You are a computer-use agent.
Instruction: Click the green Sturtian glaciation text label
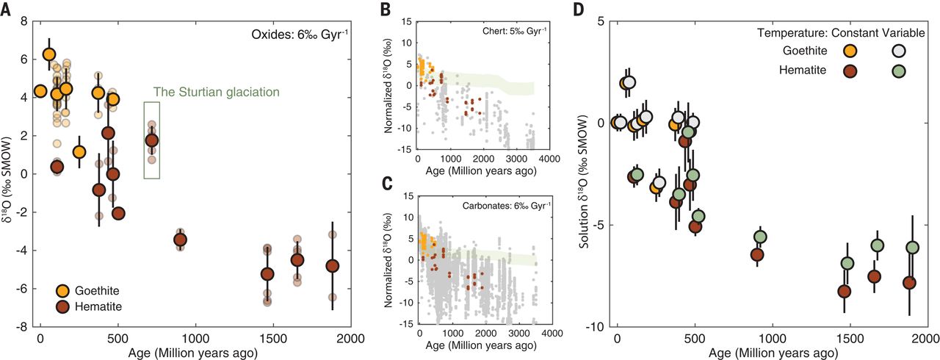[x=216, y=93]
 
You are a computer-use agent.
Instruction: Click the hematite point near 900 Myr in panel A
[x=180, y=240]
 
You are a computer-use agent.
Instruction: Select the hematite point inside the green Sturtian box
[x=152, y=140]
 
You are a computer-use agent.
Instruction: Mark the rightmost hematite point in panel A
[x=333, y=265]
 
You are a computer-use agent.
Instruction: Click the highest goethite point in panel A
[x=49, y=54]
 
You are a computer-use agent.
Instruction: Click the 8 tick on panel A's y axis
[x=24, y=21]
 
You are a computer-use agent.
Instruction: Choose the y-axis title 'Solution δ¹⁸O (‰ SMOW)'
[x=585, y=173]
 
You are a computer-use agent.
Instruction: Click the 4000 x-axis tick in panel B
[x=550, y=161]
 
